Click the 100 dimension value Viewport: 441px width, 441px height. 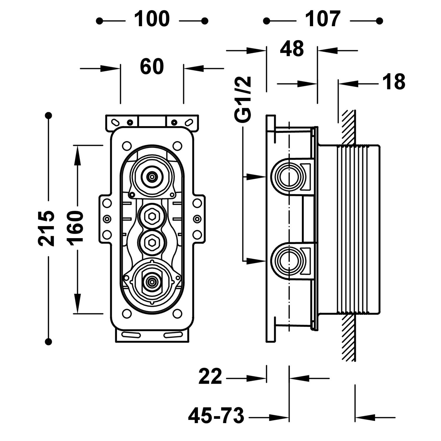point(152,19)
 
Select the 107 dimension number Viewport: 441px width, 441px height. point(323,19)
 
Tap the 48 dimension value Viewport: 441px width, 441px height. point(292,49)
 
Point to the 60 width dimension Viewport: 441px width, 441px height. point(152,67)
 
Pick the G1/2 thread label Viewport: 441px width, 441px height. point(243,99)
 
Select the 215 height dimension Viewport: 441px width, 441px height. point(46,228)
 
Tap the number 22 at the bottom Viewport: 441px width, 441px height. point(210,377)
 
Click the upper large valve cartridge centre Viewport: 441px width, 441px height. point(152,177)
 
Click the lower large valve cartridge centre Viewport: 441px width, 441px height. point(152,283)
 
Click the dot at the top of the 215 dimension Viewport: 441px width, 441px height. point(49,115)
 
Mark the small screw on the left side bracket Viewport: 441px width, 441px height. point(107,218)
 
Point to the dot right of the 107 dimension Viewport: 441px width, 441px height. point(380,21)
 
